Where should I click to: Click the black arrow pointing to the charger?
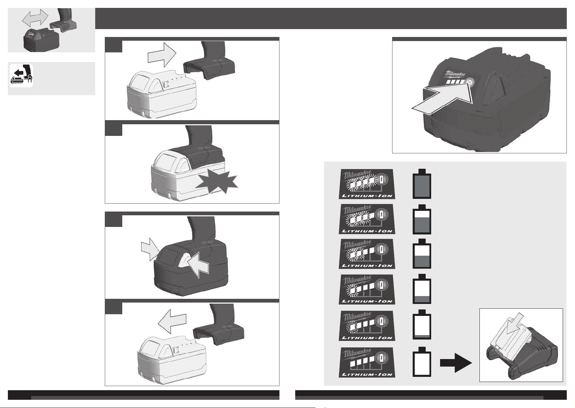click(x=456, y=362)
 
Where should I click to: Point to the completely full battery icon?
click(x=422, y=184)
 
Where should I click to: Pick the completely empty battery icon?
click(x=422, y=361)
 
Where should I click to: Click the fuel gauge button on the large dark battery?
click(x=470, y=82)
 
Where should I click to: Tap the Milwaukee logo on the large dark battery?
click(x=454, y=74)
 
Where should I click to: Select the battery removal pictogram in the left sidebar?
click(x=21, y=75)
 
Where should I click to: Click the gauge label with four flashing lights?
click(x=367, y=184)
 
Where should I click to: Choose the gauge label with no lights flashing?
click(x=367, y=362)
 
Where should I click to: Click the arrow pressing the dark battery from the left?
click(x=150, y=249)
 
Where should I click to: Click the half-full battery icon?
click(x=422, y=254)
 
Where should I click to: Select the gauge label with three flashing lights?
click(x=367, y=219)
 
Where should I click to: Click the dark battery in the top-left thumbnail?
click(x=41, y=40)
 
